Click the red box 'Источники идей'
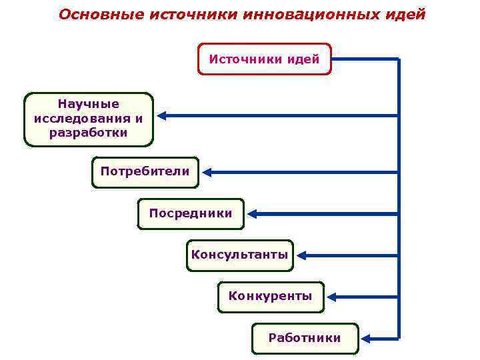click(265, 59)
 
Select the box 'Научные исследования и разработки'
click(88, 119)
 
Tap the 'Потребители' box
click(145, 172)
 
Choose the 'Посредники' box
click(191, 214)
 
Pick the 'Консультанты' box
click(239, 255)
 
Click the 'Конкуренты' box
click(270, 297)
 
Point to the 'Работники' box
click(304, 339)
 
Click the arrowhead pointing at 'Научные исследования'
click(162, 115)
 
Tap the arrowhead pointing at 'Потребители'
click(207, 172)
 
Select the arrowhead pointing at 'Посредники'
click(253, 214)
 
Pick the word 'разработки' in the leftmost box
click(88, 133)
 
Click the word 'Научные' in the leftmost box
click(88, 104)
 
